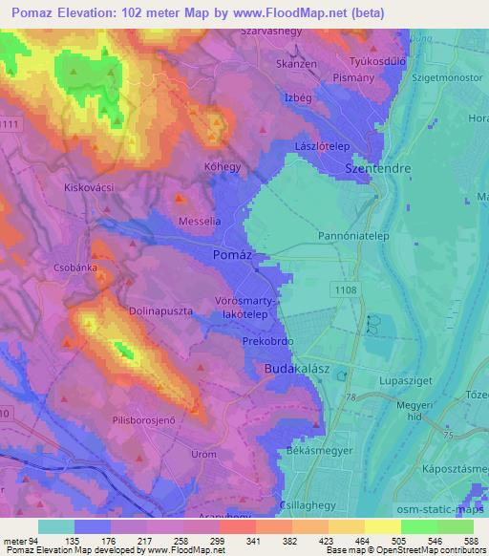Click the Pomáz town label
[x=232, y=257]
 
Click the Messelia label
[x=202, y=222]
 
